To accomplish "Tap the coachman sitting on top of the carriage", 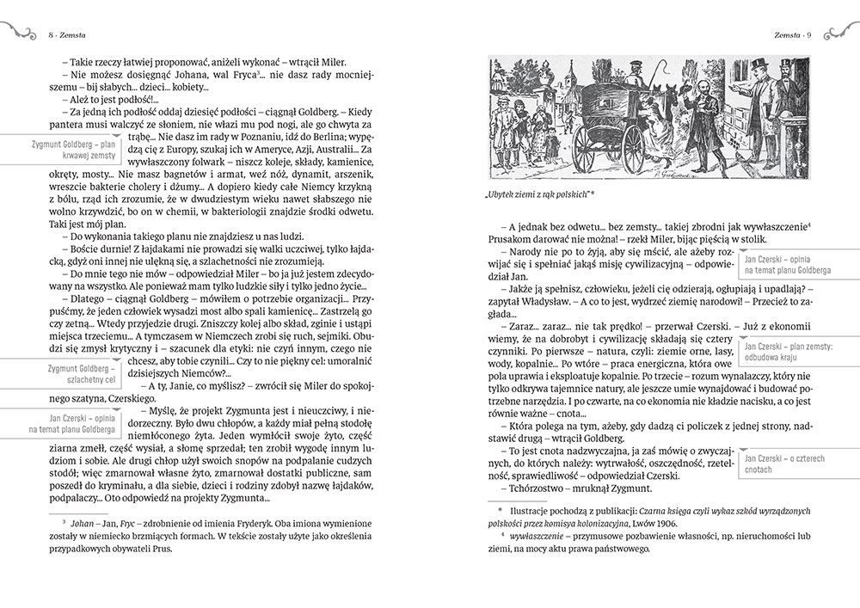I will (x=611, y=74).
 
